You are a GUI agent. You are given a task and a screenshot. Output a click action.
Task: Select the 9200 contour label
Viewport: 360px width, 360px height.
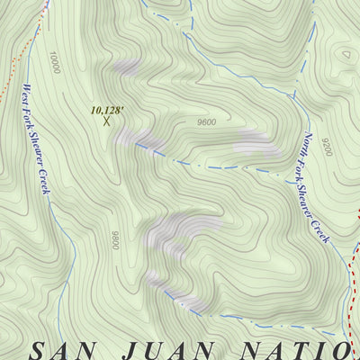coord(325,147)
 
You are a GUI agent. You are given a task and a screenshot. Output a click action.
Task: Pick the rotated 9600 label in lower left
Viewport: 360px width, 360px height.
coord(115,240)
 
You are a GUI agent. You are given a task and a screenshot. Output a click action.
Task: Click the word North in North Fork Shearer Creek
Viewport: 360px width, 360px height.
coord(308,144)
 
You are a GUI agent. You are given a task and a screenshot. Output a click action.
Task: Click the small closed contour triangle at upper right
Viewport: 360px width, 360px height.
coord(346,52)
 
